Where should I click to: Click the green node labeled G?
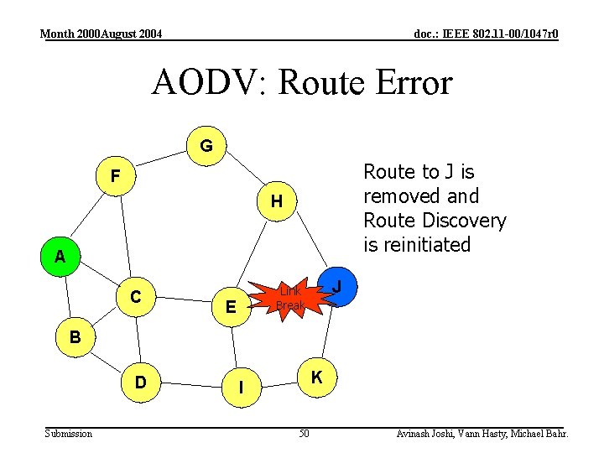[206, 146]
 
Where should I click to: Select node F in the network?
[116, 176]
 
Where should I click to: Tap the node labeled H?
[276, 201]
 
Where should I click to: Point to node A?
[60, 257]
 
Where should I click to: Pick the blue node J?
[336, 287]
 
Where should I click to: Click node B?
[75, 337]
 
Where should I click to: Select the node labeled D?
[141, 383]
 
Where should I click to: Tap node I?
[242, 388]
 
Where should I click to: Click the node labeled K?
[317, 377]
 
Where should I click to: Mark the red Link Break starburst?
[290, 298]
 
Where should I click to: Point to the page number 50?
[304, 433]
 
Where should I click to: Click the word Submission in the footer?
[69, 433]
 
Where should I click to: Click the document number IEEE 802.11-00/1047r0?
[487, 34]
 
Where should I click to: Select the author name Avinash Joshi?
[427, 433]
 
